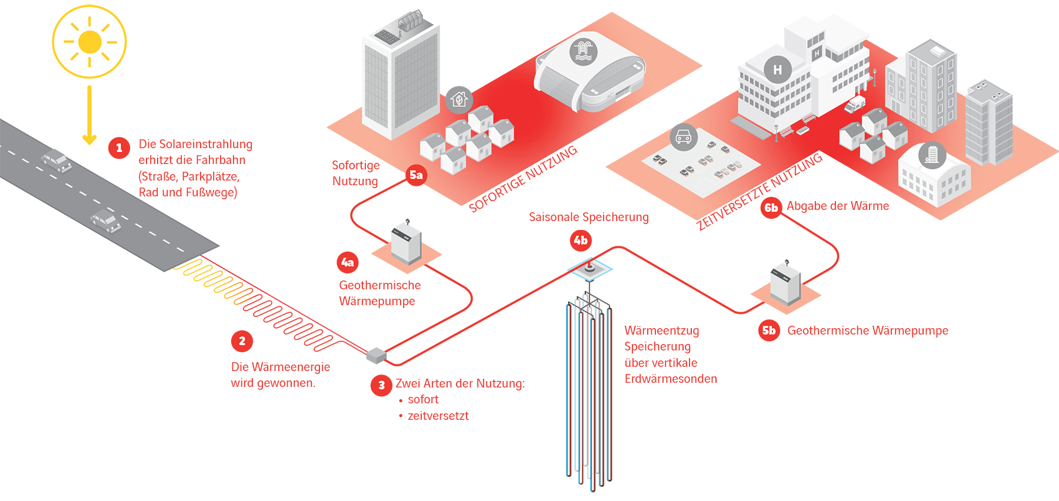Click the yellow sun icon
[x=89, y=42]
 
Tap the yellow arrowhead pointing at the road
[x=89, y=139]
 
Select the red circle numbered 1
[x=119, y=148]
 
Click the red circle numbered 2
[x=242, y=341]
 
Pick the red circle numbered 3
[x=381, y=385]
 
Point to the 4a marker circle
[x=348, y=262]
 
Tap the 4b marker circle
[x=581, y=241]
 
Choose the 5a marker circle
[x=416, y=175]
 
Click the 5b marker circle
[x=769, y=330]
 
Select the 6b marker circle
[x=771, y=208]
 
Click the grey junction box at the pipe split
[x=377, y=355]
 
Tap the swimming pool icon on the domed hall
[x=583, y=51]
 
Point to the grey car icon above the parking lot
[x=683, y=138]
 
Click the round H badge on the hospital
[x=777, y=69]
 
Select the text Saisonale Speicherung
[x=588, y=217]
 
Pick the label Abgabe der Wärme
[x=838, y=206]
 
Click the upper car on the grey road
[x=56, y=160]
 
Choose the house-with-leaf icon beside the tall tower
[x=459, y=100]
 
